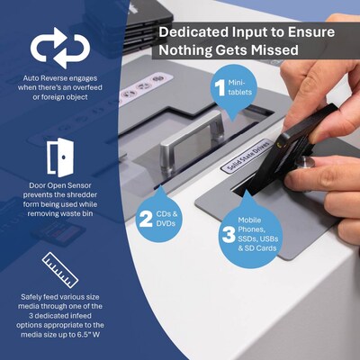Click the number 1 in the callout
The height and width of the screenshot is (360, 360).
click(218, 87)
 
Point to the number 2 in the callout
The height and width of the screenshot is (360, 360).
click(145, 217)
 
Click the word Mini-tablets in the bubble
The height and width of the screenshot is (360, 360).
click(240, 87)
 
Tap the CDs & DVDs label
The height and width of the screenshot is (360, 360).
click(167, 217)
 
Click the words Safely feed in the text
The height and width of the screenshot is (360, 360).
click(37, 296)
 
